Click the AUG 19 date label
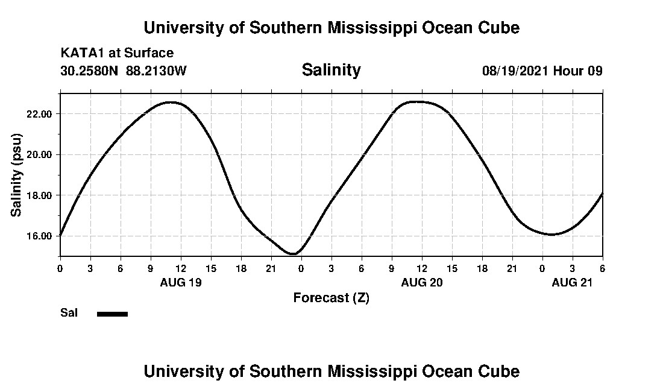[180, 283]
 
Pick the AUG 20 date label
[422, 283]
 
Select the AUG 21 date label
[573, 283]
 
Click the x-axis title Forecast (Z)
[331, 298]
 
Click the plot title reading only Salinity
[331, 70]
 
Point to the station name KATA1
[80, 53]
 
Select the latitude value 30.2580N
[90, 71]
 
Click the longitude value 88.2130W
[157, 71]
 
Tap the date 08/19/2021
[515, 71]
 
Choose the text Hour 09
[578, 71]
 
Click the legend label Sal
[69, 313]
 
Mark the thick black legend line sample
[113, 314]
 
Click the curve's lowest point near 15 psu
[293, 254]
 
